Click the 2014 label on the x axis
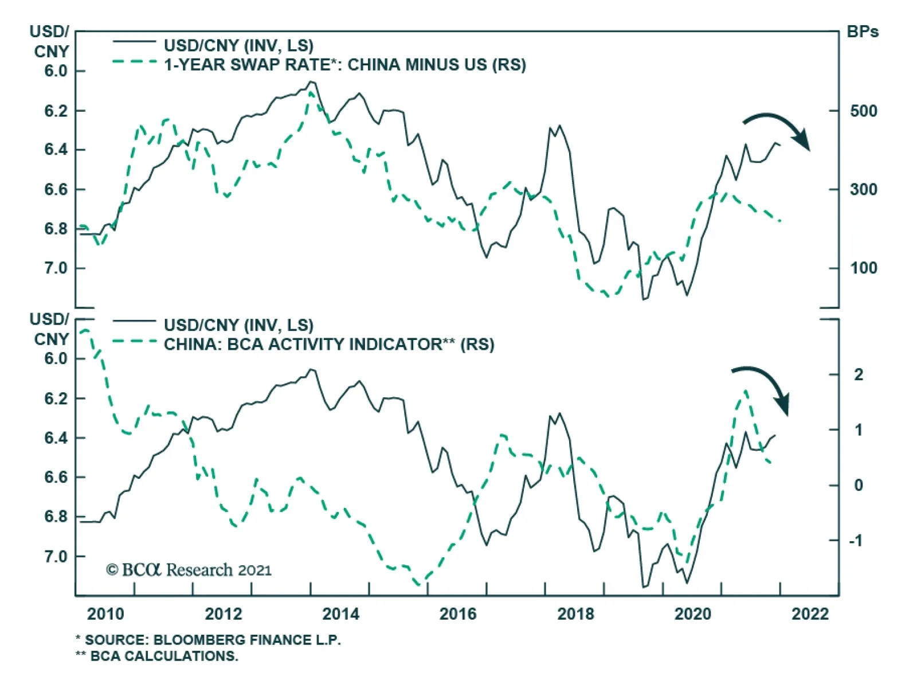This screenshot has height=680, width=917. tap(340, 614)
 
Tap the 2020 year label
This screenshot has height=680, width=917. tap(692, 614)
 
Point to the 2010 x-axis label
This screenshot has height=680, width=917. tap(105, 614)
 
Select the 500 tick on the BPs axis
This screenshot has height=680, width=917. tap(863, 111)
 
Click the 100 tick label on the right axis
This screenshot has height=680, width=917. tap(863, 268)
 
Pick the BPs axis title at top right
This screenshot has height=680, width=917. tap(863, 32)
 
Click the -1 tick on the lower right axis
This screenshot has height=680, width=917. tap(855, 541)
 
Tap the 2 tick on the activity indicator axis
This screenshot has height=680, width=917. tap(858, 375)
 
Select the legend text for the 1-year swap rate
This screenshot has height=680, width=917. tap(345, 65)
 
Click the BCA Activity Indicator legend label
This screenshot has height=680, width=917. tap(329, 345)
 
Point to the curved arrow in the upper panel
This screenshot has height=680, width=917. tap(778, 129)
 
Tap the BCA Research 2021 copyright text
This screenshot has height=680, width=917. tap(189, 570)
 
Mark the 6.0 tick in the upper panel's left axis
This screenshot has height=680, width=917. tap(56, 71)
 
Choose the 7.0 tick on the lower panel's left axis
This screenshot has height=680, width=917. tap(56, 557)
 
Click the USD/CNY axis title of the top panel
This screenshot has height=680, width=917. tap(50, 41)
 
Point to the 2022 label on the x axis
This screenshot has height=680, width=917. tap(810, 614)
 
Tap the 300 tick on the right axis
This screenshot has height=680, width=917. tap(863, 189)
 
